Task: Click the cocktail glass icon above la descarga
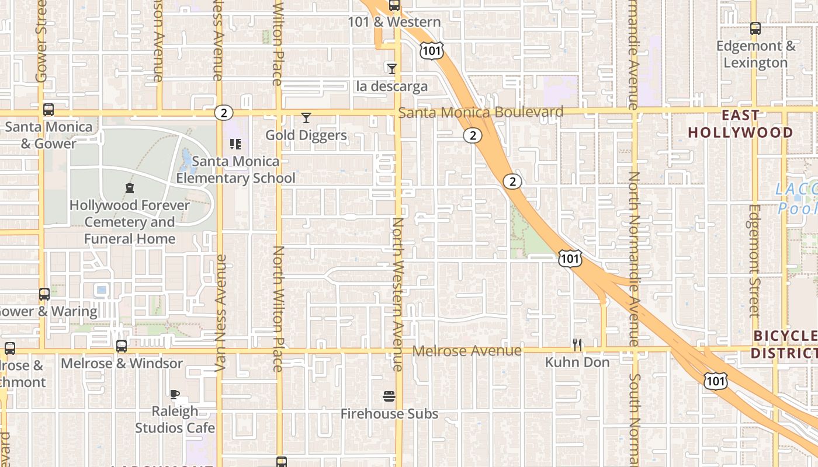tap(392, 68)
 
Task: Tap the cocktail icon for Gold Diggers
tap(306, 118)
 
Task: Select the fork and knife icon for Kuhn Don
tap(577, 345)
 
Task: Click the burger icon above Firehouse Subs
tap(389, 397)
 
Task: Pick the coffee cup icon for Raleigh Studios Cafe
tap(174, 394)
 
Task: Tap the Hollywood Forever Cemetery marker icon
tap(129, 188)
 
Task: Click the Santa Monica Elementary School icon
tap(235, 144)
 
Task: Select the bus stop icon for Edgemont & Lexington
tap(755, 28)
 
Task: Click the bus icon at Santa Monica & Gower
tap(48, 109)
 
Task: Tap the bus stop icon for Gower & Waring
tap(44, 294)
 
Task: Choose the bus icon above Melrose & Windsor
tap(122, 346)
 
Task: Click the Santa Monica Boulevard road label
tap(481, 112)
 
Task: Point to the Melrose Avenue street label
tap(467, 351)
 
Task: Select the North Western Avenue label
tap(398, 294)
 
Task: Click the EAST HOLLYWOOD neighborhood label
tap(740, 124)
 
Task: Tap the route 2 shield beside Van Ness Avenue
tap(223, 113)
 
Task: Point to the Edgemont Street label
tap(754, 260)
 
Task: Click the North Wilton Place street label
tap(279, 309)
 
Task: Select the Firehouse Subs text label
tap(389, 414)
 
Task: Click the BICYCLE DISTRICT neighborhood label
tap(784, 344)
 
